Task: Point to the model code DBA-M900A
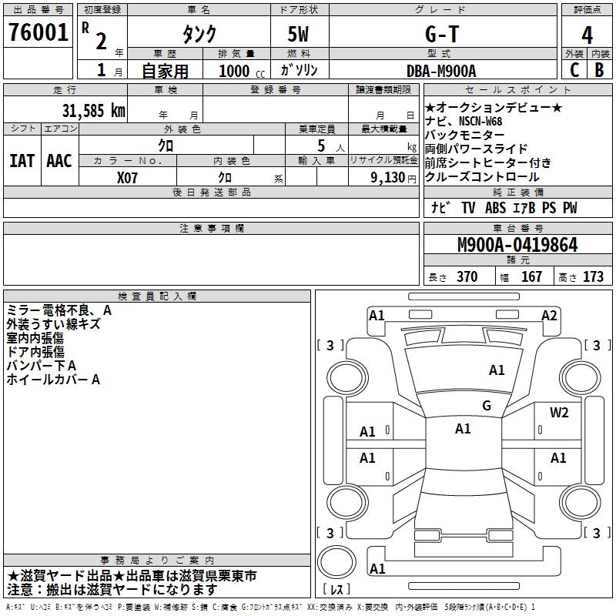[x=441, y=71]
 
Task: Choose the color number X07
[x=128, y=176]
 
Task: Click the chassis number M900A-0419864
[x=517, y=245]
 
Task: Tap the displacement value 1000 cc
[x=241, y=71]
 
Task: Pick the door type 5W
[x=300, y=34]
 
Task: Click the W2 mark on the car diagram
[x=559, y=413]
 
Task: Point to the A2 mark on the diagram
[x=549, y=315]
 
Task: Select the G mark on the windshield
[x=486, y=406]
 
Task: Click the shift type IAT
[x=22, y=161]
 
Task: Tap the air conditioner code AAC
[x=59, y=161]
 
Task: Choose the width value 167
[x=531, y=276]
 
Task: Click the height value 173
[x=593, y=276]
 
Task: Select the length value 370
[x=467, y=276]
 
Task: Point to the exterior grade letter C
[x=574, y=69]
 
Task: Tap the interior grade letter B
[x=600, y=69]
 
